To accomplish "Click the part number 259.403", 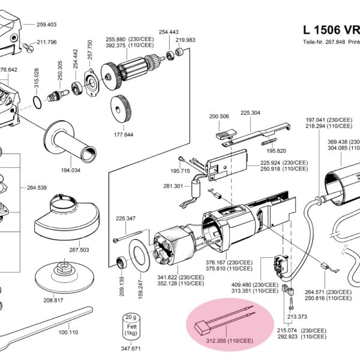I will (46, 25).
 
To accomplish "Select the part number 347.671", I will (131, 348).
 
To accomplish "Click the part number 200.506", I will (219, 116).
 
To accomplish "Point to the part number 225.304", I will (250, 113).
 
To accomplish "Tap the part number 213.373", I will (298, 316).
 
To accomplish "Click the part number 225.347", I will (125, 218).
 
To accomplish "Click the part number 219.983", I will (185, 40).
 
